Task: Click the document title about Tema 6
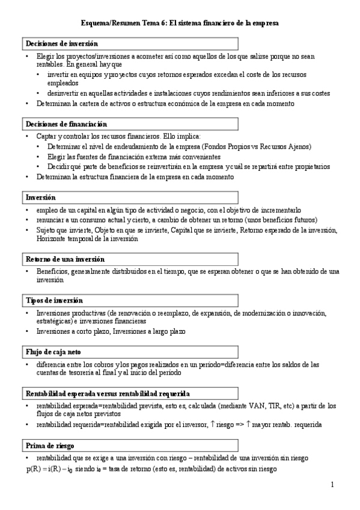[180, 23]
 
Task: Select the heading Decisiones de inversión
[61, 44]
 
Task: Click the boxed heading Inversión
[41, 197]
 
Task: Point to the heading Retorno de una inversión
[66, 259]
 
